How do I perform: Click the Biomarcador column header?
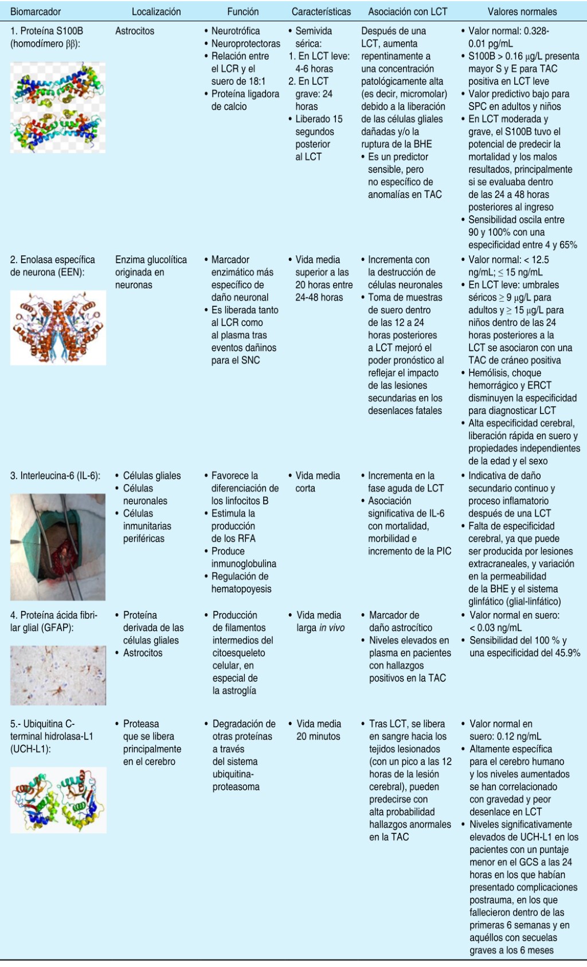coord(36,11)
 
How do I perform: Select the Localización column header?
coord(156,11)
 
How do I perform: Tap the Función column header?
coord(243,11)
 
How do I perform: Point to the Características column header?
coord(321,11)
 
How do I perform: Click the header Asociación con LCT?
coord(408,11)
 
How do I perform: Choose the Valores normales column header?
coord(522,11)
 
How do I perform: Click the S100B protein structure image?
coord(58,107)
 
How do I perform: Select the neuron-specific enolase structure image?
coord(58,327)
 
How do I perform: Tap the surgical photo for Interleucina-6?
coord(58,547)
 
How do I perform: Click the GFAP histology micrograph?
coord(58,675)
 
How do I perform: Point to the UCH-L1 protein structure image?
coord(58,800)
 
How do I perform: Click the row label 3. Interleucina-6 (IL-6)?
coord(55,476)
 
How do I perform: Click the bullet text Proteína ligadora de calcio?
coord(245,100)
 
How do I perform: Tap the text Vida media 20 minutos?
coord(318,730)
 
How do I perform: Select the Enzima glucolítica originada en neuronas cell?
coord(151,272)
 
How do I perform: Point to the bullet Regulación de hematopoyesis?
coord(241,583)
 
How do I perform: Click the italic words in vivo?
coord(332,628)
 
